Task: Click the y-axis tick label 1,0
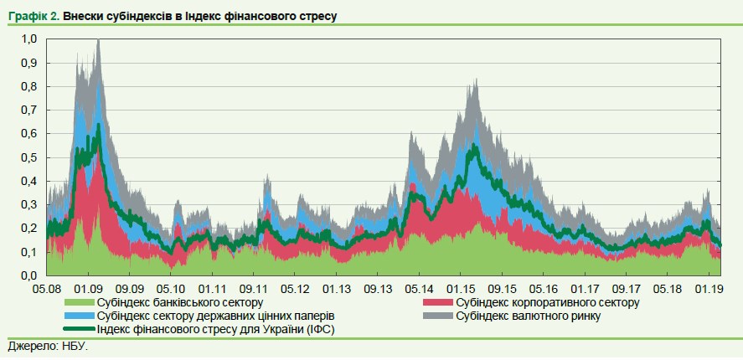pos(29,39)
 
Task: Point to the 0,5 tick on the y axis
pos(29,157)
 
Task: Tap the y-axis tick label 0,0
pos(29,275)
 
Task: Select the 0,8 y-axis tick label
pos(29,86)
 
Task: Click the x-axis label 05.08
pos(48,288)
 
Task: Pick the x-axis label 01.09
pos(89,288)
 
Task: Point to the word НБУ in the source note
pos(73,346)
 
